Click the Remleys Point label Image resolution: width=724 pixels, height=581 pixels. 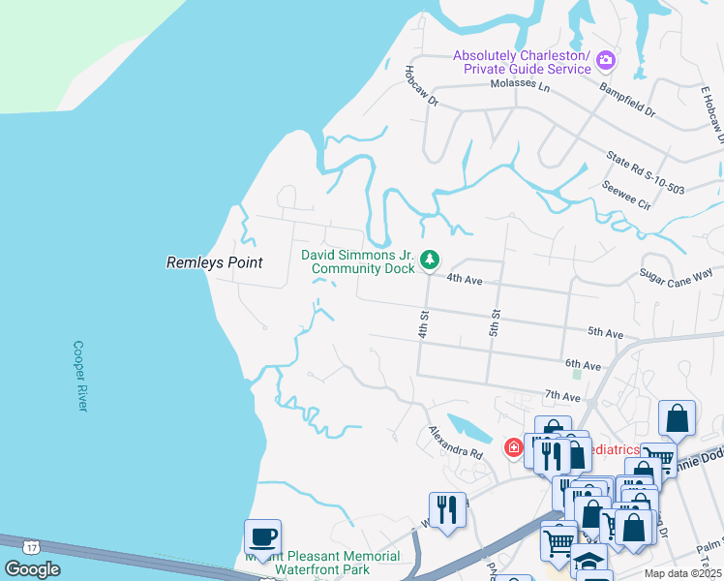[215, 262]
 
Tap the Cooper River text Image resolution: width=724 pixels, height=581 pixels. [80, 376]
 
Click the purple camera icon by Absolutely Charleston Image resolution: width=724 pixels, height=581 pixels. [606, 60]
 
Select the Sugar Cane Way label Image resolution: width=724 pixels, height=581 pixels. [676, 278]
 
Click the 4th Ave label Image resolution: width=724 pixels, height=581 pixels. [465, 279]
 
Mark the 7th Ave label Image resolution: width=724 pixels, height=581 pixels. [562, 396]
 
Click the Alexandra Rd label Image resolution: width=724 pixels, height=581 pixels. [456, 442]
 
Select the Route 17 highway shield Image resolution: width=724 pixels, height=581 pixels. [32, 546]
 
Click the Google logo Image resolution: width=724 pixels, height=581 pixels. [32, 568]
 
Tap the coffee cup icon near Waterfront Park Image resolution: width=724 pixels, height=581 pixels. [262, 535]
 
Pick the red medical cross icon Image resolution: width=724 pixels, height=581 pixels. [513, 448]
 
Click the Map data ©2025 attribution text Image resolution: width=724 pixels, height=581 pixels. [681, 573]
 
